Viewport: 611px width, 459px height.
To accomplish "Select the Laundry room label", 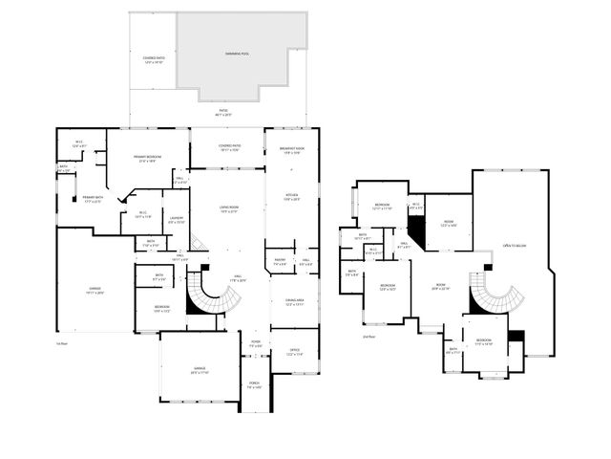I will [x=176, y=220].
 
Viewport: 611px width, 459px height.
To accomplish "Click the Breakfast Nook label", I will [x=292, y=150].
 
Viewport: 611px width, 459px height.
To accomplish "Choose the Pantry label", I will [x=281, y=261].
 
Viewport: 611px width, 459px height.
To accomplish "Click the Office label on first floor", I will [x=293, y=351].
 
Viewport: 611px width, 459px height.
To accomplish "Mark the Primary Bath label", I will [x=93, y=199].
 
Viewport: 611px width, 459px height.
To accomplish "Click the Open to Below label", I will [x=516, y=246].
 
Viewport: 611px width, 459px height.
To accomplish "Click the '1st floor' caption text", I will [x=62, y=342].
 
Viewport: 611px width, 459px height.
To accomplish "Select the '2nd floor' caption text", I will [x=369, y=337].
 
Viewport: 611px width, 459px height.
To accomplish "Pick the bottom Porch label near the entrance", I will [x=254, y=386].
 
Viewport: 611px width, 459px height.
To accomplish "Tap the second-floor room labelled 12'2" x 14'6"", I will [x=450, y=224].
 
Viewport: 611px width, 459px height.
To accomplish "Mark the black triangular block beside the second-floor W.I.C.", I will [x=417, y=229].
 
